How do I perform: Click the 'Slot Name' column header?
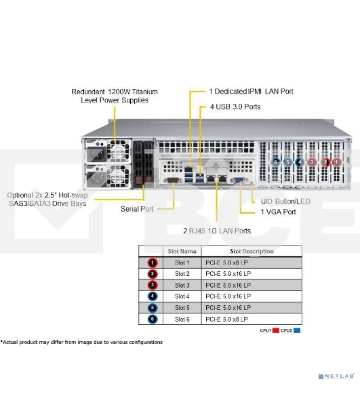(x=182, y=250)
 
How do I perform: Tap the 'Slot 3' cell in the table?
(x=182, y=285)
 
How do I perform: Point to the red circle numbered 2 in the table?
(x=153, y=273)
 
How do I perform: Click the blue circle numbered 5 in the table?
(x=153, y=307)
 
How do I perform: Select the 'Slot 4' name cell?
(x=182, y=296)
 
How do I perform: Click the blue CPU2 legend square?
(x=297, y=330)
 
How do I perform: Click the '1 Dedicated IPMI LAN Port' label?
(x=251, y=91)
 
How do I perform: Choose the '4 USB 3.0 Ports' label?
(x=235, y=106)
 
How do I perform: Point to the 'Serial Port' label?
(x=137, y=209)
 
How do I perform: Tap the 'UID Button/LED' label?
(x=285, y=201)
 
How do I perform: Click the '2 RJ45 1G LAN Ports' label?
(x=216, y=231)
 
